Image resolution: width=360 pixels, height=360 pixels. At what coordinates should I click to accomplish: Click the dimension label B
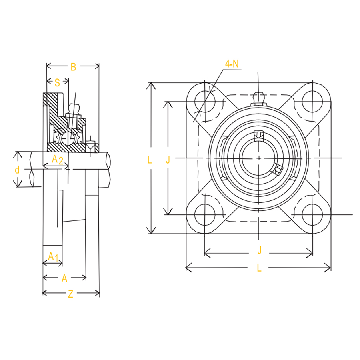pos(73,67)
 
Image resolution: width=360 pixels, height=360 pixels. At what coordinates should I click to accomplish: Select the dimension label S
pos(57,82)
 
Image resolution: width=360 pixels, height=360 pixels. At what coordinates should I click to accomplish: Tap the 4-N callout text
pos(232,64)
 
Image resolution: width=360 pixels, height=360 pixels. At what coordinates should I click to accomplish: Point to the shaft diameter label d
pos(17,170)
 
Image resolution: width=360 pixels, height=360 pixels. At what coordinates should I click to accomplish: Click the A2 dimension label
pos(57,159)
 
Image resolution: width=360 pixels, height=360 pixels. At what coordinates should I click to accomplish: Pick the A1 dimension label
pos(53,256)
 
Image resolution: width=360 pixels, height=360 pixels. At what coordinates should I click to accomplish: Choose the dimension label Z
pos(71,294)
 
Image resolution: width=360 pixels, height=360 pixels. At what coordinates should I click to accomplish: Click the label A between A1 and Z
pos(64,278)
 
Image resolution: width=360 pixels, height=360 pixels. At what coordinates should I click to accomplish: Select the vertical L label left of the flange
pos(150,160)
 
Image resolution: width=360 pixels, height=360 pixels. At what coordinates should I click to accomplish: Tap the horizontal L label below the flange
pos(259,268)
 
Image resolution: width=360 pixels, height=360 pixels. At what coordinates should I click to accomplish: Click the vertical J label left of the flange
pos(168,159)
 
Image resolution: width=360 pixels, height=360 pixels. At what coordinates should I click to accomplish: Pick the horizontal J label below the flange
pos(260,250)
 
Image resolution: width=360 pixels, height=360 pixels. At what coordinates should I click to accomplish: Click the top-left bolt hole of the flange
pos(205,101)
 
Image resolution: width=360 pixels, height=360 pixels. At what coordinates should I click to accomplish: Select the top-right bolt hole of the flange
pos(312,101)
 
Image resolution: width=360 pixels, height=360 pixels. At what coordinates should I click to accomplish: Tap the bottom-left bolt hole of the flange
pos(205,215)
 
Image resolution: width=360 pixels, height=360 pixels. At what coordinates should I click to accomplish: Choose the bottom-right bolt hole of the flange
pos(312,215)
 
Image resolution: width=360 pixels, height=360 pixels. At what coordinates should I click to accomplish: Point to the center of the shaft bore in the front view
pos(259,158)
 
